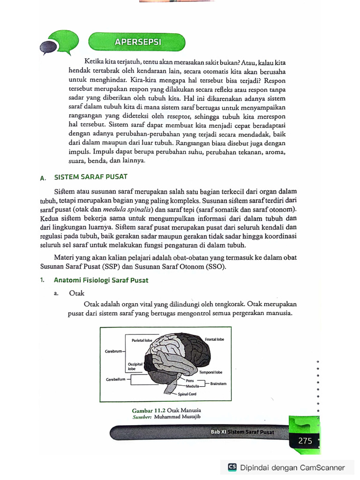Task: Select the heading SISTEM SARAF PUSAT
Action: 91,177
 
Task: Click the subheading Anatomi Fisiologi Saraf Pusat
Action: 101,280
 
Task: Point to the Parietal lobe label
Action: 141,340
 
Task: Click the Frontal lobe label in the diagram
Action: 214,338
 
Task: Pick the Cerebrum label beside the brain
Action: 114,351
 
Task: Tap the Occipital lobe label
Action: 135,366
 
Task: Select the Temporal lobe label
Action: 210,372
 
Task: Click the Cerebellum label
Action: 115,379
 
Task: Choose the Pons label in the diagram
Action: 190,381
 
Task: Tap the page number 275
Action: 305,441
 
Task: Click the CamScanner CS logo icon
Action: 232,467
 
